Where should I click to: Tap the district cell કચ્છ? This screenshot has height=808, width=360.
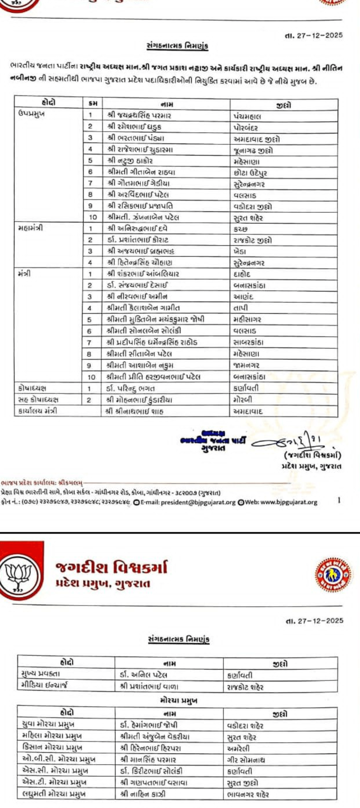pos(240,229)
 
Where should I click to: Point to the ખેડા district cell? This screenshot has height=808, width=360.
pos(240,252)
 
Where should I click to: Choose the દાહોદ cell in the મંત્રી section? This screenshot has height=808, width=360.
pos(242,274)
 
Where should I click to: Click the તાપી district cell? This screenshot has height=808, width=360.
pos(241,308)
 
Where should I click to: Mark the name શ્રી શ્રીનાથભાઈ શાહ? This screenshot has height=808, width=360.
pos(135,411)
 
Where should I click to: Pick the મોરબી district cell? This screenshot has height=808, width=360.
pos(243,400)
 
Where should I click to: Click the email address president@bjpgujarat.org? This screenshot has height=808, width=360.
pos(198,502)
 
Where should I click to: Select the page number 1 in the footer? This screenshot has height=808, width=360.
pos(339,500)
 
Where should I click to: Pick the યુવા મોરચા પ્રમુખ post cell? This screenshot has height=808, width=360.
pos(48,724)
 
